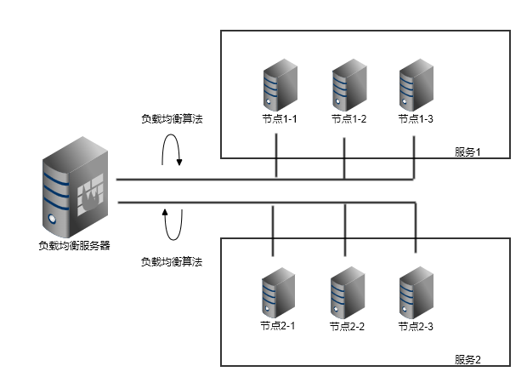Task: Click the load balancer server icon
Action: pyautogui.click(x=74, y=189)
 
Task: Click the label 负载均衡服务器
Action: pyautogui.click(x=74, y=246)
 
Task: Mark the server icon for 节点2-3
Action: pyautogui.click(x=415, y=293)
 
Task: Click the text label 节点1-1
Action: pyautogui.click(x=277, y=119)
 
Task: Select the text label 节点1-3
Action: pyautogui.click(x=416, y=119)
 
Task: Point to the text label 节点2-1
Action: pyautogui.click(x=276, y=326)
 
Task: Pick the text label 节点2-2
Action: pyautogui.click(x=347, y=326)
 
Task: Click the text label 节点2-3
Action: pyautogui.click(x=416, y=326)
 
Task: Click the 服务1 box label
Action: pyautogui.click(x=467, y=152)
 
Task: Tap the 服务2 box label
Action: pyautogui.click(x=467, y=359)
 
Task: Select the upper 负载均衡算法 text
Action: pyautogui.click(x=172, y=119)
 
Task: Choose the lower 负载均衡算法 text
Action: pyautogui.click(x=172, y=262)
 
